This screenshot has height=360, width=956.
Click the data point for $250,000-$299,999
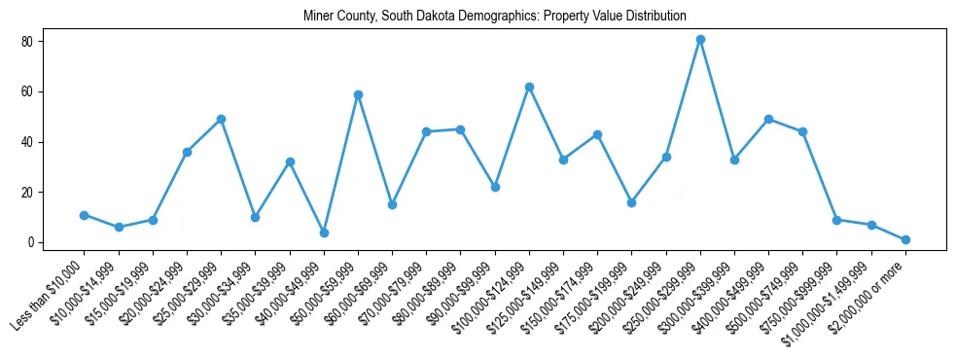(x=700, y=40)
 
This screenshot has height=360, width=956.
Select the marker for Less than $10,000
(x=84, y=215)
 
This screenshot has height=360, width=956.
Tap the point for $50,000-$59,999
(x=358, y=94)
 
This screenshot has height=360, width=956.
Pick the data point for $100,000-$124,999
(x=529, y=88)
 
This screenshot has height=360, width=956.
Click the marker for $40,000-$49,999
(x=324, y=233)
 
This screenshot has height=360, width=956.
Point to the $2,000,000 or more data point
(x=905, y=239)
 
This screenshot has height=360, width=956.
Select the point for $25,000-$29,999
(x=221, y=120)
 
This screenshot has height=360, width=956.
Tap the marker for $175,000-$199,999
(x=631, y=202)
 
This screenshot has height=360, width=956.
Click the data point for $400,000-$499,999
(x=768, y=120)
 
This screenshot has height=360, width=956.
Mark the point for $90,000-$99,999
(x=495, y=187)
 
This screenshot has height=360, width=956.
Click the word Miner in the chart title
(x=318, y=16)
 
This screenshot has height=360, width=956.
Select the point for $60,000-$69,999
(x=392, y=204)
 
